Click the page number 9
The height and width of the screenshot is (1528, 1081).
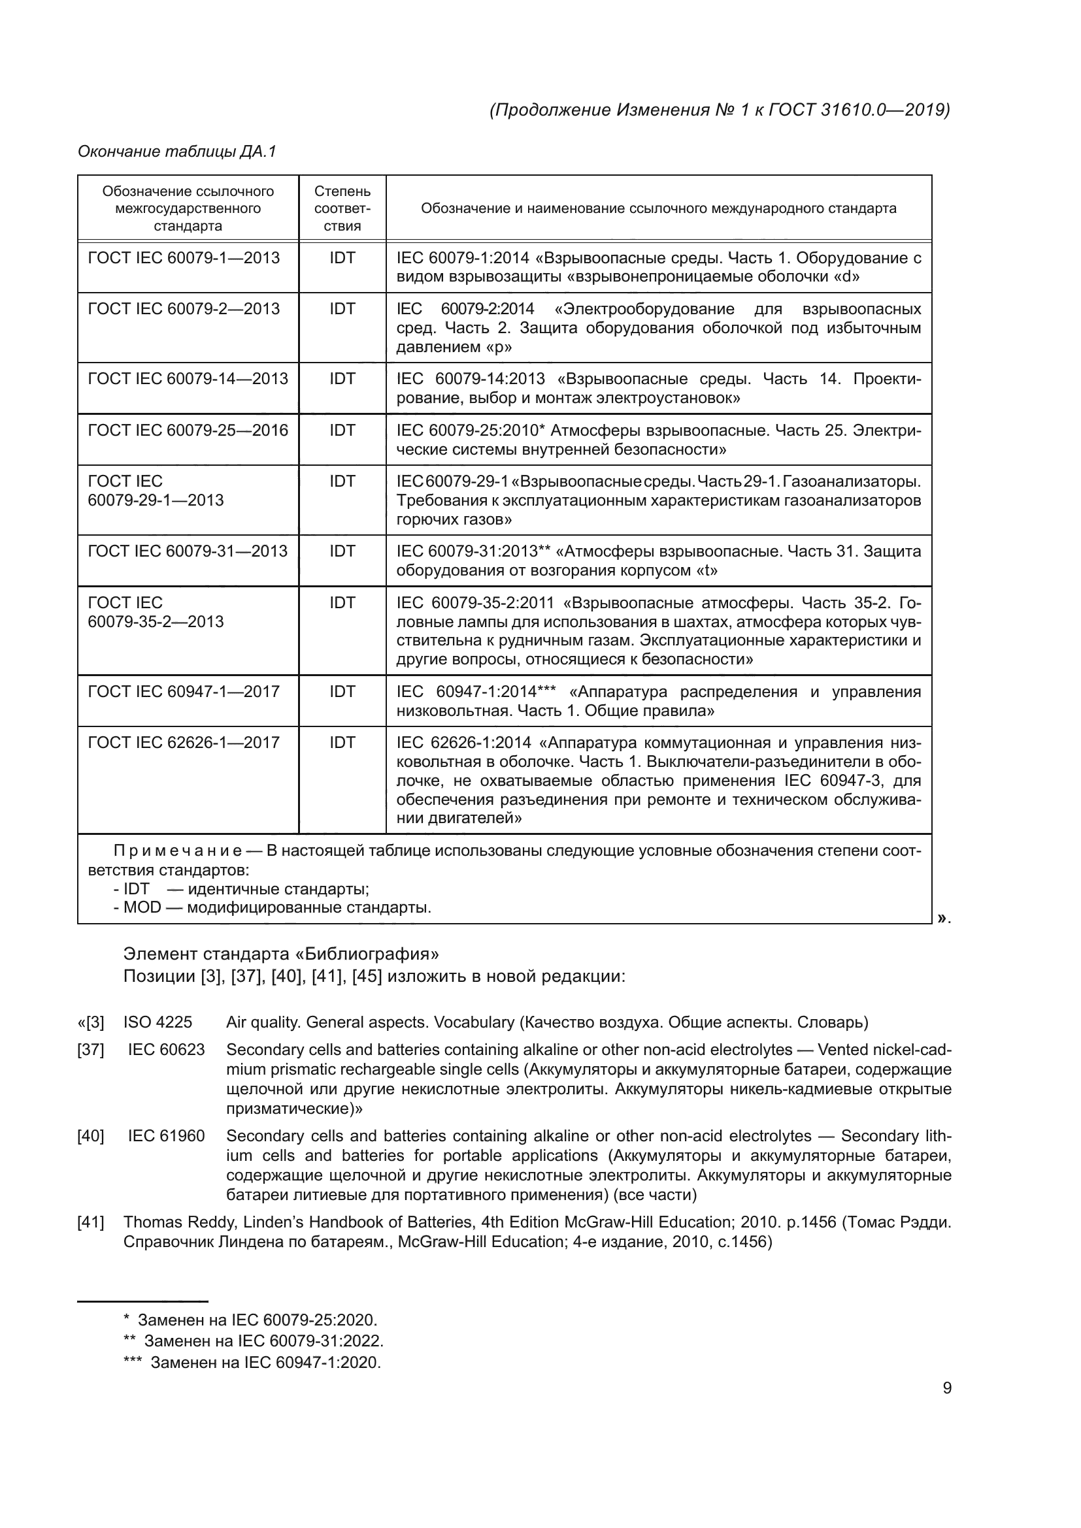pyautogui.click(x=946, y=1388)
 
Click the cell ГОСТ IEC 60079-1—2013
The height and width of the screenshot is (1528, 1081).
pyautogui.click(x=184, y=257)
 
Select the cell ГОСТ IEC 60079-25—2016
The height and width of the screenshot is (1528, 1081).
pyautogui.click(x=188, y=430)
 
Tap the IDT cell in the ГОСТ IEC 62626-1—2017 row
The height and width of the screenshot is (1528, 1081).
pyautogui.click(x=342, y=742)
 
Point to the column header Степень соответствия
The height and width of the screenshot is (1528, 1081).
pyautogui.click(x=342, y=208)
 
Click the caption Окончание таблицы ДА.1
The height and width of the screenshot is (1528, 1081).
pyautogui.click(x=176, y=152)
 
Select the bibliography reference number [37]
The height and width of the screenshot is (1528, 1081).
pyautogui.click(x=91, y=1050)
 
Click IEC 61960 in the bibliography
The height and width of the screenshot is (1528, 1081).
pyautogui.click(x=166, y=1136)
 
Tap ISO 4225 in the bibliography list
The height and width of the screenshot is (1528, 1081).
pyautogui.click(x=157, y=1022)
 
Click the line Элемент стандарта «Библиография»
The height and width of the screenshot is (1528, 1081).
pyautogui.click(x=281, y=954)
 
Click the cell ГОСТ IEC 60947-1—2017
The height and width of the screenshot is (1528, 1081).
pyautogui.click(x=184, y=691)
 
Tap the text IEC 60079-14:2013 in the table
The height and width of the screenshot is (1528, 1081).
pyautogui.click(x=471, y=379)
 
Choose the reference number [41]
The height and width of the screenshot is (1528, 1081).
pyautogui.click(x=91, y=1222)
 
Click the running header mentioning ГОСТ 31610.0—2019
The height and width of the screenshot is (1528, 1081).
pyautogui.click(x=720, y=110)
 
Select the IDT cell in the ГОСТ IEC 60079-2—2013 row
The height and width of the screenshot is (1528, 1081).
pyautogui.click(x=342, y=309)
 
